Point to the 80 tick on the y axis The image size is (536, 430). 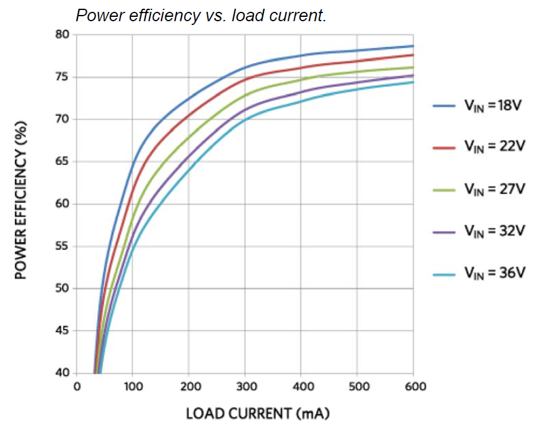[x=61, y=34]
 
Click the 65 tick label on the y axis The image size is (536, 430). [x=61, y=162]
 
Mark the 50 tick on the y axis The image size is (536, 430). [x=61, y=288]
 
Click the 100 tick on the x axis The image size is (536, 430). [x=133, y=387]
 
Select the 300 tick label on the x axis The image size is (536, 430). [x=246, y=387]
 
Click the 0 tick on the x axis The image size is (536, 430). [x=77, y=387]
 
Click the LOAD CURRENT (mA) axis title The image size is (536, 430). [x=257, y=413]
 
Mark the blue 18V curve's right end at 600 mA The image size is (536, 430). [x=413, y=46]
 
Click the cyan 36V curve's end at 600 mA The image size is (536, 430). [x=413, y=82]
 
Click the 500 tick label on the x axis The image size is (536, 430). [x=358, y=387]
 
